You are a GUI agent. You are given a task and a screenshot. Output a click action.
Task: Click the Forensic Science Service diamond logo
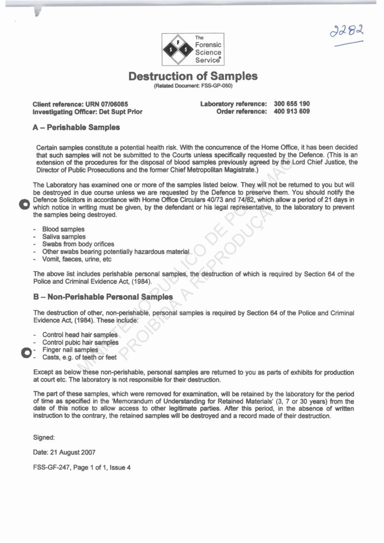click(177, 49)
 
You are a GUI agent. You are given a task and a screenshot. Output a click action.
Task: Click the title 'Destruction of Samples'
click(193, 76)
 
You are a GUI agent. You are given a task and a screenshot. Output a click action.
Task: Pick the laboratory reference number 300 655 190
click(292, 103)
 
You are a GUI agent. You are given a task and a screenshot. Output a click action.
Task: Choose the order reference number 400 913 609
click(292, 111)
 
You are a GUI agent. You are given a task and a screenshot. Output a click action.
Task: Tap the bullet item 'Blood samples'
click(63, 229)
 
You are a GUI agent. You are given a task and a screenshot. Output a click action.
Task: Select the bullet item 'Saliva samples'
click(64, 237)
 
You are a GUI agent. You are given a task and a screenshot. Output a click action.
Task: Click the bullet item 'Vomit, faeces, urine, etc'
click(77, 259)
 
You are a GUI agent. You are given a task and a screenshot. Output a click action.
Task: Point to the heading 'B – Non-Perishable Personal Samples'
click(103, 297)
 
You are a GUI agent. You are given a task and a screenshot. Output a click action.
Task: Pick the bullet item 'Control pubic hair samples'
click(80, 342)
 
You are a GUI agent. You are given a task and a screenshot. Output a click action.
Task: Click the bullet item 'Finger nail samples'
click(70, 350)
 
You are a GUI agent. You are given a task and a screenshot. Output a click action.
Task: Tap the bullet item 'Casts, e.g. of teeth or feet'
click(79, 357)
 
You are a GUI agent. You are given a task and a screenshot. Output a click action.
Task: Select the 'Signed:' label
click(44, 437)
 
